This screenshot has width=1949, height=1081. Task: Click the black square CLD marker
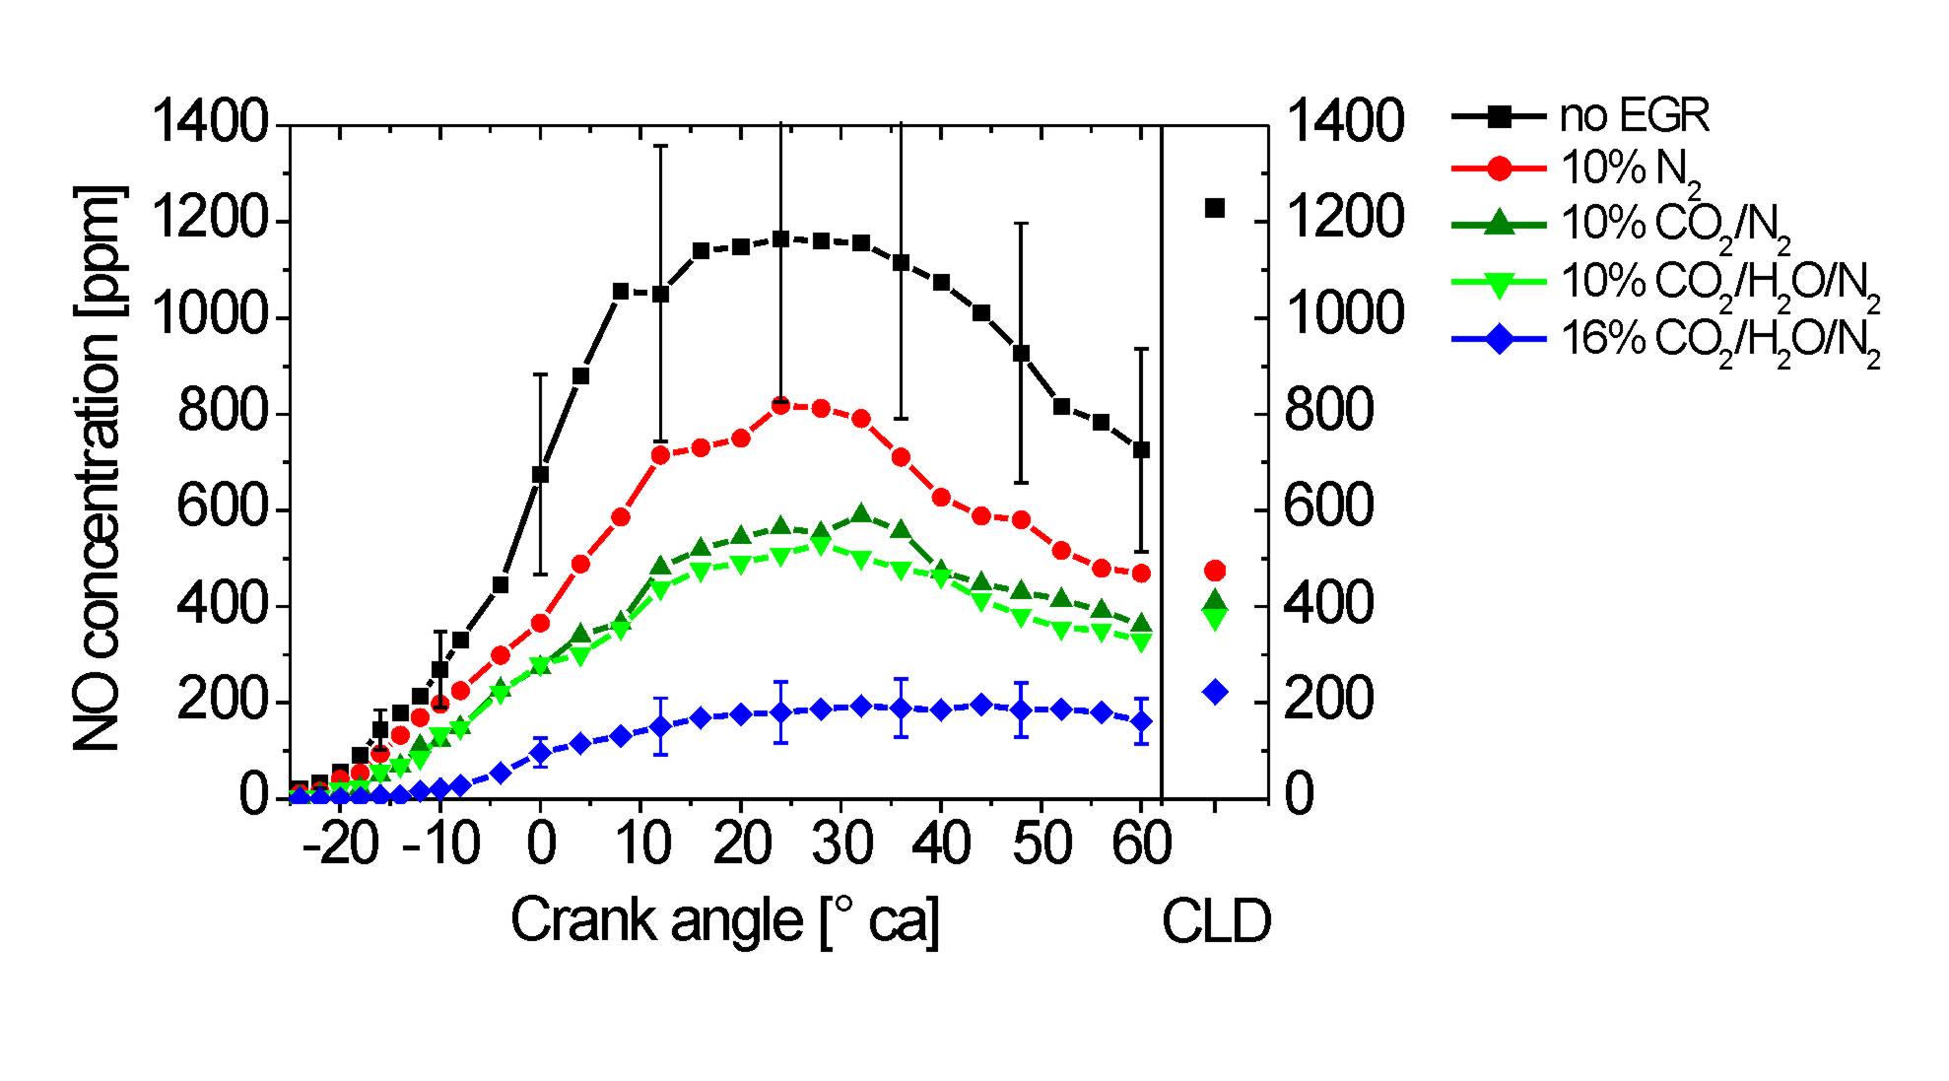[1215, 208]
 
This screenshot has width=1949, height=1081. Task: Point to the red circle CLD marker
[1215, 571]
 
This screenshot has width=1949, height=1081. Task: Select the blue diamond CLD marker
[1215, 692]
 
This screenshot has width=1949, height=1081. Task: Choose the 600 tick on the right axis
[1329, 509]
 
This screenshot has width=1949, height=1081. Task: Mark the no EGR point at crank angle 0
[540, 474]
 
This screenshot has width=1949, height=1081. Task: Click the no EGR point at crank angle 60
[1141, 450]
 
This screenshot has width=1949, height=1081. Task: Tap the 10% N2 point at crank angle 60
[1141, 573]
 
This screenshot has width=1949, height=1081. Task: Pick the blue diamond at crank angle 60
[1141, 721]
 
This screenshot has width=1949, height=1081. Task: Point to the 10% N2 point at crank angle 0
[540, 623]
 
